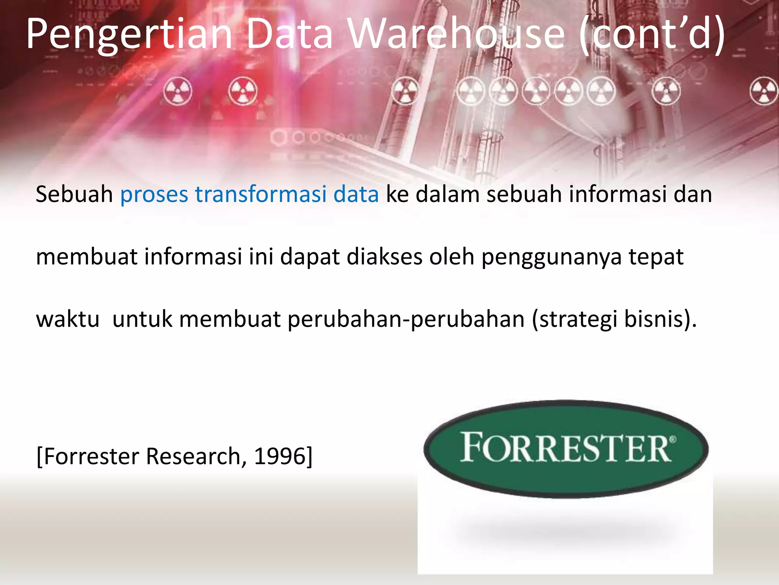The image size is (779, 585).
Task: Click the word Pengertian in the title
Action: (x=129, y=35)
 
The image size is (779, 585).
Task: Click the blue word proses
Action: (x=154, y=195)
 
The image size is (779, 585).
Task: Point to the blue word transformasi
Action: (x=261, y=194)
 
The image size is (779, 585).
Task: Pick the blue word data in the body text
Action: (x=356, y=194)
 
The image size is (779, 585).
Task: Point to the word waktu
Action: (x=68, y=319)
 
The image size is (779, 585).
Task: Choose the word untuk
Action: (x=143, y=319)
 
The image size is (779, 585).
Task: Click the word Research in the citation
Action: (x=193, y=456)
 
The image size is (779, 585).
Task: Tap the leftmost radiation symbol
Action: (x=178, y=91)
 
